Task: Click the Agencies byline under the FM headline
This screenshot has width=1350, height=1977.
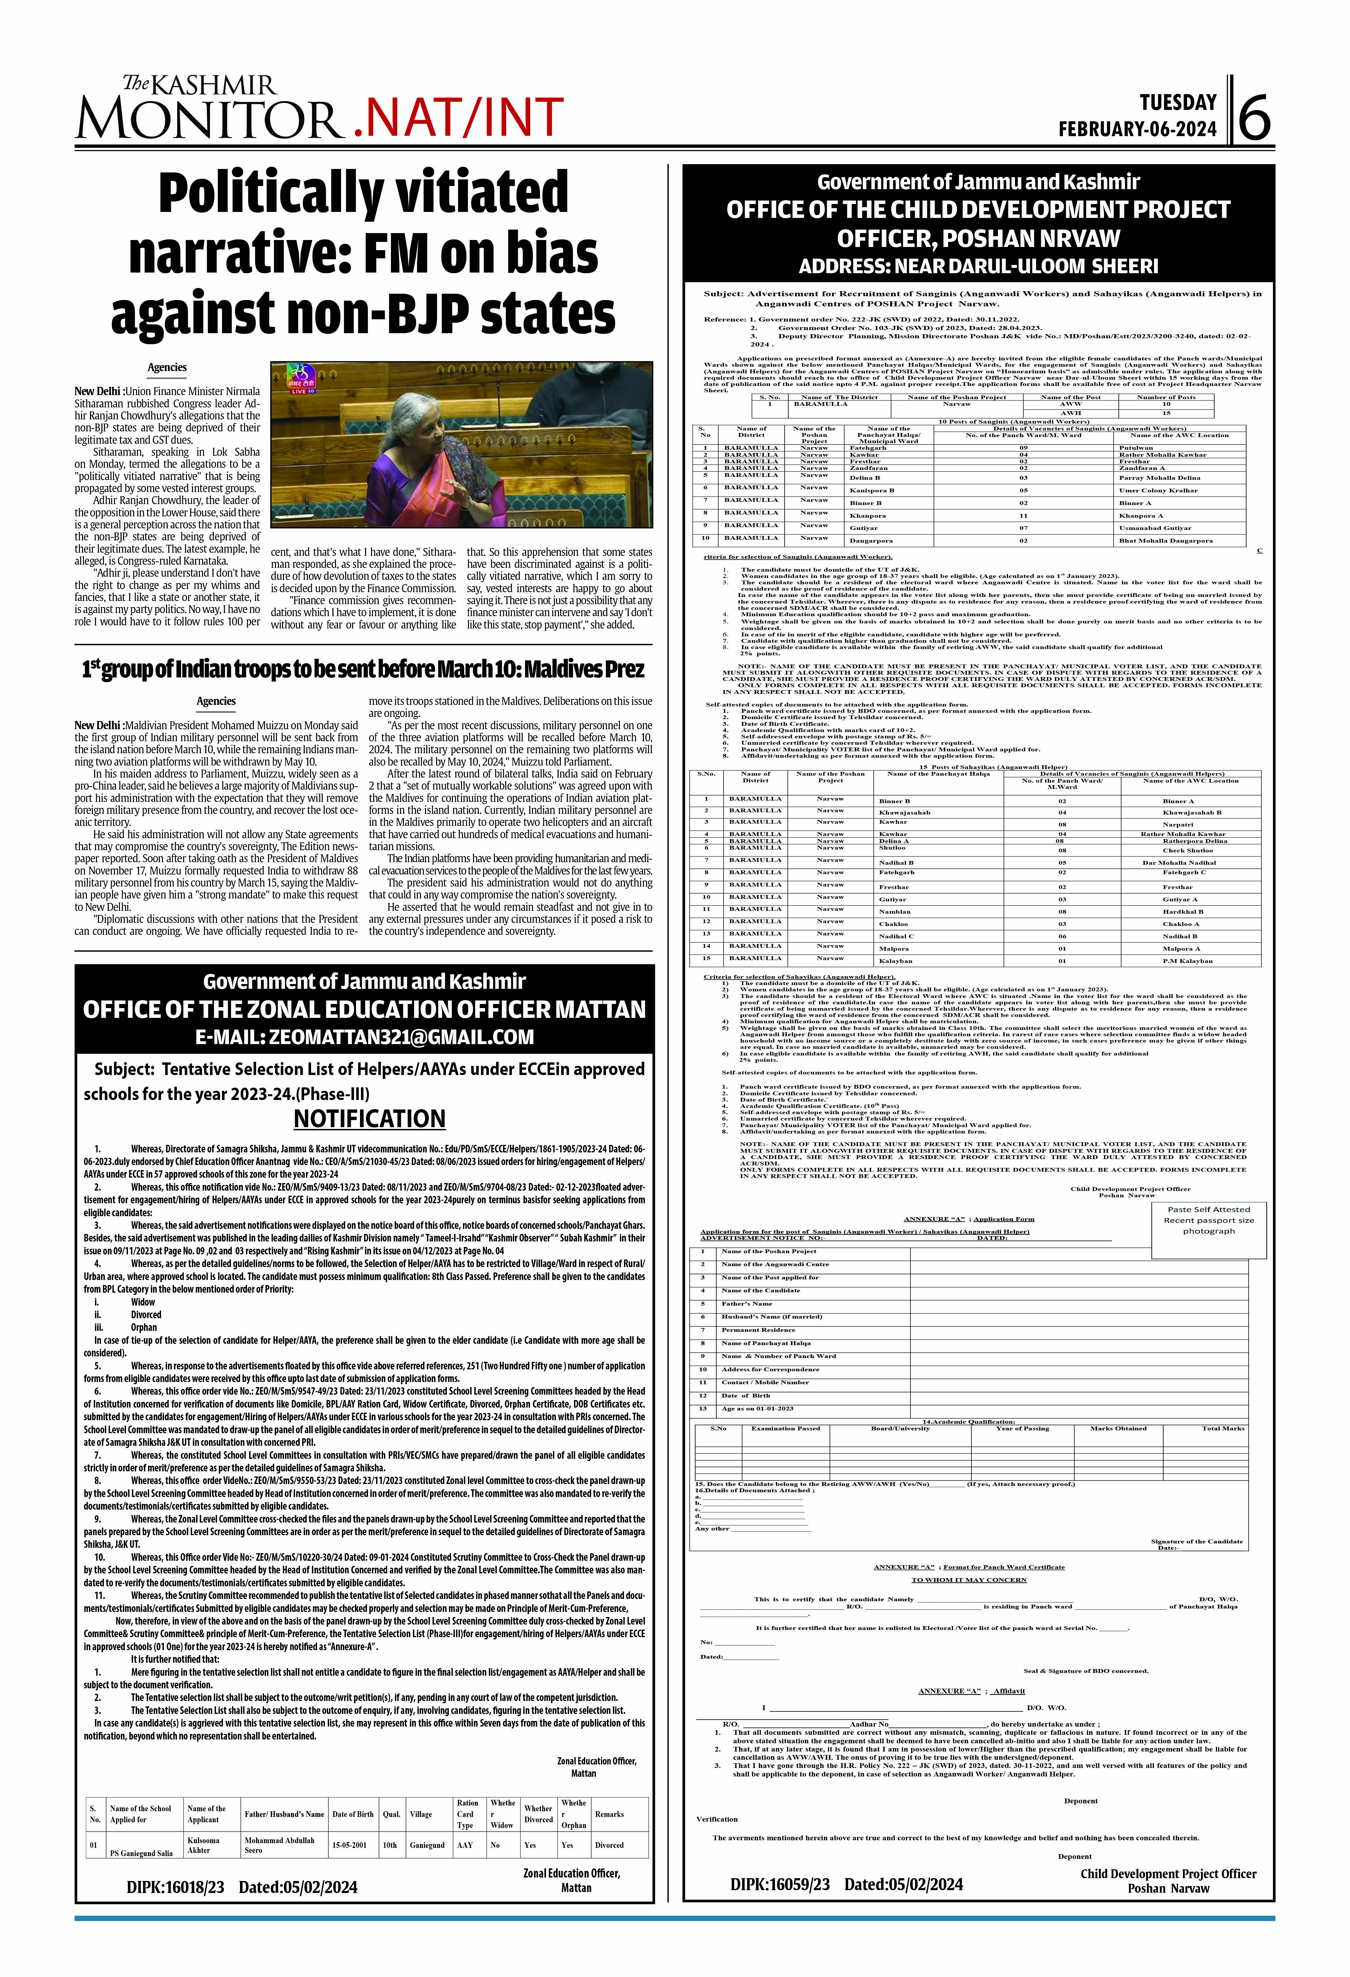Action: [167, 368]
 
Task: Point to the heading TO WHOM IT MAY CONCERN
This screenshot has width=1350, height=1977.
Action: [969, 1579]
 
